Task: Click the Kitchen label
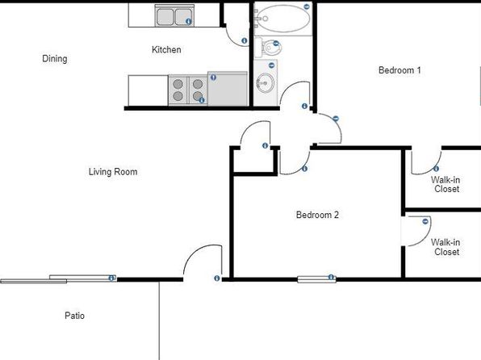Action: pyautogui.click(x=166, y=49)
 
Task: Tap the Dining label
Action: pyautogui.click(x=55, y=58)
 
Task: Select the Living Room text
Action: pyautogui.click(x=113, y=172)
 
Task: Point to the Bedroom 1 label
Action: pyautogui.click(x=399, y=70)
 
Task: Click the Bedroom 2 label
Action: pyautogui.click(x=317, y=215)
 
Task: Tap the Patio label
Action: pyautogui.click(x=74, y=316)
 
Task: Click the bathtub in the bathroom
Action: pyautogui.click(x=283, y=19)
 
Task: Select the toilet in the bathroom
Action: pyautogui.click(x=268, y=48)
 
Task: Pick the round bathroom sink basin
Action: pyautogui.click(x=266, y=82)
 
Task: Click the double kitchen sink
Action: pyautogui.click(x=174, y=16)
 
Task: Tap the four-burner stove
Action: pyautogui.click(x=188, y=90)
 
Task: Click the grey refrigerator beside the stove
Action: pyautogui.click(x=228, y=89)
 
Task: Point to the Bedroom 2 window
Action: pyautogui.click(x=317, y=279)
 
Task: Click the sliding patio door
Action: pyautogui.click(x=58, y=279)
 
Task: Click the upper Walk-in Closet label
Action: pyautogui.click(x=446, y=184)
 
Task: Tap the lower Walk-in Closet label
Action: pyautogui.click(x=446, y=247)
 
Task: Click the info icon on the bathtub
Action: pyautogui.click(x=307, y=6)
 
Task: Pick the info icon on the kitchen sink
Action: pyautogui.click(x=189, y=21)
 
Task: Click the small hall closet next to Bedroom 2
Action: pyautogui.click(x=253, y=161)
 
